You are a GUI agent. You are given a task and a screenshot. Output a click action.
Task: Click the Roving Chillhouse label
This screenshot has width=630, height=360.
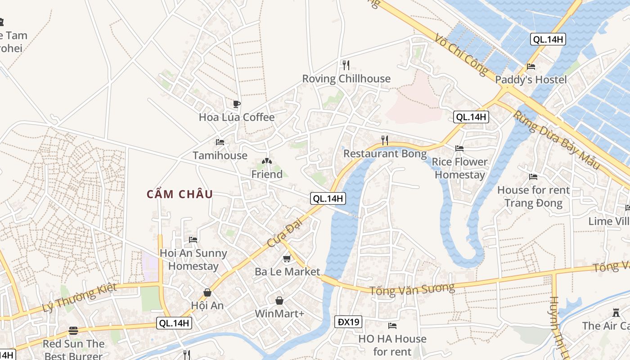click(346, 79)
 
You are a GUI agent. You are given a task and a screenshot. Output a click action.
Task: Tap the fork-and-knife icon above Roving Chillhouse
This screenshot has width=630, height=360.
click(346, 65)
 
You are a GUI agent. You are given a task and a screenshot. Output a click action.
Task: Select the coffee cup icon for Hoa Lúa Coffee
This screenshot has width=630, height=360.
click(237, 104)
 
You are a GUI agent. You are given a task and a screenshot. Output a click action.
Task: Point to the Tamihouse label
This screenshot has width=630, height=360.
click(220, 156)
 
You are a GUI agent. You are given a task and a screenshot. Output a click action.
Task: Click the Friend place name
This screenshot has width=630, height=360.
click(267, 174)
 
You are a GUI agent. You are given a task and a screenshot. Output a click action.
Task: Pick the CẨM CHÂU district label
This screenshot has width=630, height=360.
click(180, 194)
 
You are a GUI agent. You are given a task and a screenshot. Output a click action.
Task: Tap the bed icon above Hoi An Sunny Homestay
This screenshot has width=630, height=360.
click(193, 239)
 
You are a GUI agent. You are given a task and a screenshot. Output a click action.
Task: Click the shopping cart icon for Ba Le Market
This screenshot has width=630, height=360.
click(287, 259)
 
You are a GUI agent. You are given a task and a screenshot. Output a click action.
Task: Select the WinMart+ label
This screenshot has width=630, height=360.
click(279, 313)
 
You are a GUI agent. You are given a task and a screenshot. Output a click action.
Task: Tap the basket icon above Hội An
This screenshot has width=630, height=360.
click(207, 292)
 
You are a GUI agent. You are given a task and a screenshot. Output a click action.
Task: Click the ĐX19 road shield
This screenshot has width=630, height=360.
click(348, 322)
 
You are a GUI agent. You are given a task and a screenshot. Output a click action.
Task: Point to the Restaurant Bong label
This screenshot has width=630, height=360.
click(385, 154)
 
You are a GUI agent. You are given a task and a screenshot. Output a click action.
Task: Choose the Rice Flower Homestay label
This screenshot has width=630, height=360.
click(459, 168)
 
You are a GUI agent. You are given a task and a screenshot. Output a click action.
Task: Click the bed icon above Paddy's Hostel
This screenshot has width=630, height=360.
click(531, 67)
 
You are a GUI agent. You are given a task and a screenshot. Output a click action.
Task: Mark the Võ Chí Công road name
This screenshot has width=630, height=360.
click(461, 53)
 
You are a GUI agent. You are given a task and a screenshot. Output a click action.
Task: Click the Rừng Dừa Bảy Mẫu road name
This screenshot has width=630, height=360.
click(557, 140)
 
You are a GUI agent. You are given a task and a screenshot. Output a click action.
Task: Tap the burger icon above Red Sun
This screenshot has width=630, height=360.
click(73, 331)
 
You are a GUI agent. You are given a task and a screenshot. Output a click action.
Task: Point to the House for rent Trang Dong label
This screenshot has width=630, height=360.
click(533, 197)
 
